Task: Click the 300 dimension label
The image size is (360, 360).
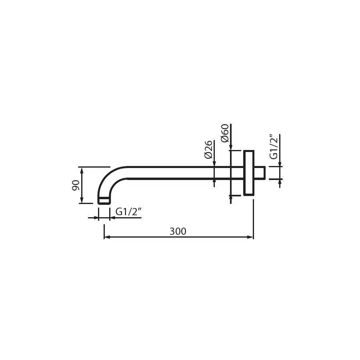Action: tap(178, 231)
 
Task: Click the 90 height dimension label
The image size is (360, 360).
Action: tap(76, 185)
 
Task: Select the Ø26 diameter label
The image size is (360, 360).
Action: tap(208, 150)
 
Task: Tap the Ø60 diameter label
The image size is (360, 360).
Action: tap(224, 133)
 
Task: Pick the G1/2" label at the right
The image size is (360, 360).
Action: tap(274, 147)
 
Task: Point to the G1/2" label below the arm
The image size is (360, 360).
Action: tap(128, 211)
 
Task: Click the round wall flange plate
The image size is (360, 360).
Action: tap(249, 173)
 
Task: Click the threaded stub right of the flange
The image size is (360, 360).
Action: tap(260, 173)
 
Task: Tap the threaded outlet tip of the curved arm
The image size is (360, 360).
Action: tap(104, 200)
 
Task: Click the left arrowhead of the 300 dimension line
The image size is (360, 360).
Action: tap(107, 237)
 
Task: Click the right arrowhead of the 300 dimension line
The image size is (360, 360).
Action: tap(250, 237)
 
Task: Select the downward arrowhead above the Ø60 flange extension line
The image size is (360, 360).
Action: tap(231, 147)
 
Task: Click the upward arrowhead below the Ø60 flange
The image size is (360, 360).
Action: tap(231, 198)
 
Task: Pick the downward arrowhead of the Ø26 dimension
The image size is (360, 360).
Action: tap(214, 164)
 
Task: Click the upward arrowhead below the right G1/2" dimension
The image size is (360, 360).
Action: tap(280, 182)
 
